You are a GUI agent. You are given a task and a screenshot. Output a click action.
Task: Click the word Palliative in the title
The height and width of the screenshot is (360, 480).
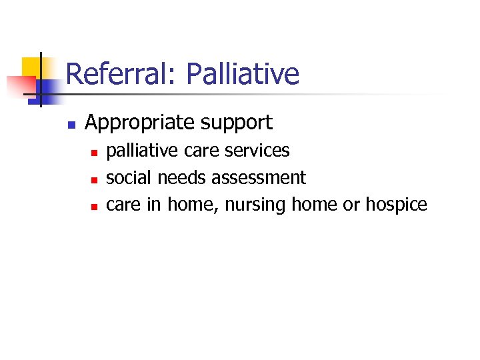tap(243, 74)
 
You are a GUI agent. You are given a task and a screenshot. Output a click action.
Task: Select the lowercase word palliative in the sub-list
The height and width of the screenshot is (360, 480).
tap(143, 151)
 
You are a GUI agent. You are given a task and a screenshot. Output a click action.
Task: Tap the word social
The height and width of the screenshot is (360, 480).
tap(129, 177)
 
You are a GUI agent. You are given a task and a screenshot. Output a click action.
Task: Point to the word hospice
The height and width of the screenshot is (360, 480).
tap(396, 204)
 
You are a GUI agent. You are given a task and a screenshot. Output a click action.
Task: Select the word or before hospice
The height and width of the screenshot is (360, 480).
tap(351, 204)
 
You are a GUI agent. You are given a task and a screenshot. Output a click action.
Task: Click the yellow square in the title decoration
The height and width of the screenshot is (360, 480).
tap(31, 67)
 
